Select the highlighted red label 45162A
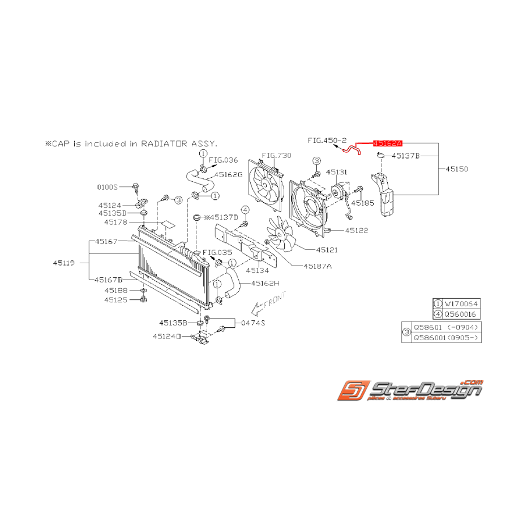coord(387,144)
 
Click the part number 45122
coord(357,231)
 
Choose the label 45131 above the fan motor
coord(336,172)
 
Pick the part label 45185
coord(362,202)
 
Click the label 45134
coord(258,271)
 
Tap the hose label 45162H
coord(266,283)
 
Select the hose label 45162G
coord(228,175)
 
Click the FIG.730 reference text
coord(277,155)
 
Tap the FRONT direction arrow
coord(268,303)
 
